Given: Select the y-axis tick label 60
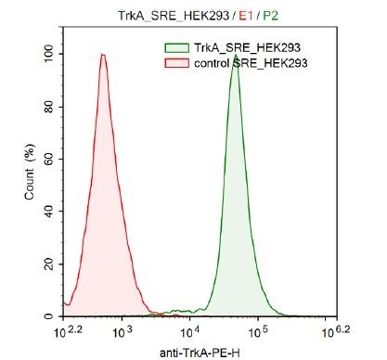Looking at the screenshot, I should [x=49, y=160].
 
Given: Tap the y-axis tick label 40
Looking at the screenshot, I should [x=49, y=212].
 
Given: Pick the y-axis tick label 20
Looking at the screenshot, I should [x=49, y=264].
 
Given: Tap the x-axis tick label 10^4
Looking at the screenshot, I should [x=190, y=329].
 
